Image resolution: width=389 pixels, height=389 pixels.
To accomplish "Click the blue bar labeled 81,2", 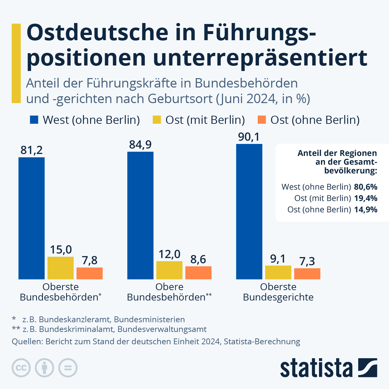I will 31,218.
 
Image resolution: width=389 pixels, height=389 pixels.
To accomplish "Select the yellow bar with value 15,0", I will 61,268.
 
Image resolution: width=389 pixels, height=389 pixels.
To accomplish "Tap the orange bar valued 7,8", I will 89,273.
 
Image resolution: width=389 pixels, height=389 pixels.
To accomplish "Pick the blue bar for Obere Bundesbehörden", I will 140,215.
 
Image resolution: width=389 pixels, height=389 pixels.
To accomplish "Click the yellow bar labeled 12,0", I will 169,270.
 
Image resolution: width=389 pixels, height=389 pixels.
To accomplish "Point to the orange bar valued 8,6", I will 198,273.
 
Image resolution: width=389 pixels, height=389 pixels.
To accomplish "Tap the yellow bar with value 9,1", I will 278,272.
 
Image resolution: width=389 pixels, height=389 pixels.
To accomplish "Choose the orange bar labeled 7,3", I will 307,274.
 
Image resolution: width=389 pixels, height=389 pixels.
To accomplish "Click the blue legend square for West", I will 34,120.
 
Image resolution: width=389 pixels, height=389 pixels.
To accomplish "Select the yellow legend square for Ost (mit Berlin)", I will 157,120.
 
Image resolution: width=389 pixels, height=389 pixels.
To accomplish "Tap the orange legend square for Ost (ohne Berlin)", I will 262,120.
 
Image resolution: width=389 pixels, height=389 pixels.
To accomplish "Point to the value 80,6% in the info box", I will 366,187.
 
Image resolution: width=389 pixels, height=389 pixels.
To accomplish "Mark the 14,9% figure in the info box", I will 366,210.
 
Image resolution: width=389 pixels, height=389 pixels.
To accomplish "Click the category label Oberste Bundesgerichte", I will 278,292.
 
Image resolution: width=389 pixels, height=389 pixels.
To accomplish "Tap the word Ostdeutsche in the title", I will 97,32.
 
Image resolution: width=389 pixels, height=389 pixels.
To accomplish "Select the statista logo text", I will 316,368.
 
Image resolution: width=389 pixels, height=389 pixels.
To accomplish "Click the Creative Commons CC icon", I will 21,368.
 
